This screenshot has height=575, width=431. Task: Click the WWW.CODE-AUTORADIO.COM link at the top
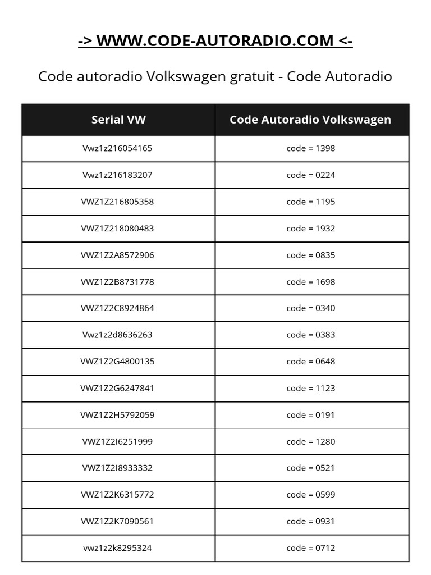tap(215, 41)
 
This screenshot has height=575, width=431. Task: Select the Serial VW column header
tap(118, 120)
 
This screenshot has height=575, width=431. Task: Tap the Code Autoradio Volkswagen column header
tap(310, 120)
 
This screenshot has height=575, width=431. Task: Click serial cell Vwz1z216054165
tap(117, 149)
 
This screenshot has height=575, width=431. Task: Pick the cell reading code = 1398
tap(310, 149)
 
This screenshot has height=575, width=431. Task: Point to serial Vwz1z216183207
tap(117, 175)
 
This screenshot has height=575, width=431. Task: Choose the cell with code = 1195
tap(310, 202)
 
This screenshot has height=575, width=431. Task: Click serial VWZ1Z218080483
tap(117, 229)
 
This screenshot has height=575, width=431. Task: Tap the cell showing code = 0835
tap(310, 255)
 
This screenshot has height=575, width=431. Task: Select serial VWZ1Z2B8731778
tap(117, 282)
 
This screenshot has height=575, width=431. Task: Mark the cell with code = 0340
tap(310, 308)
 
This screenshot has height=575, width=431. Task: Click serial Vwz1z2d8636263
tap(117, 335)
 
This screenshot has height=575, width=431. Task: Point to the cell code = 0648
tap(310, 362)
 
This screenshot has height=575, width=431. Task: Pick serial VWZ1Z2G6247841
tap(117, 388)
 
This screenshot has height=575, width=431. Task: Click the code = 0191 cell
tap(310, 415)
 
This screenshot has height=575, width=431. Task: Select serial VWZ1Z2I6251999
tap(117, 441)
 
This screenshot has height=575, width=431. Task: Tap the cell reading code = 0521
tap(310, 468)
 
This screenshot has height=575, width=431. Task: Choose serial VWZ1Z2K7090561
tap(117, 521)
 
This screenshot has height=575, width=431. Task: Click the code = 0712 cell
tap(310, 548)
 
